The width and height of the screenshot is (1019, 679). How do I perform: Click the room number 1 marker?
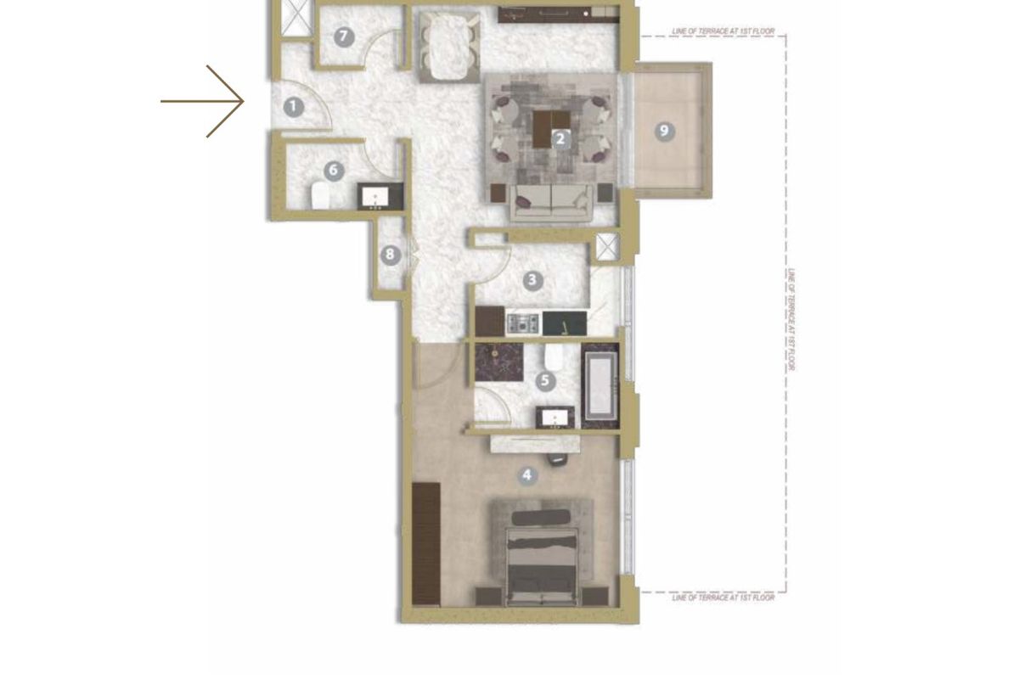[x=294, y=107]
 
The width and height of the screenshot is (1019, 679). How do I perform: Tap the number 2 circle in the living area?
[x=560, y=138]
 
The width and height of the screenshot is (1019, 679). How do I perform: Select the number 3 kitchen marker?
[x=532, y=281]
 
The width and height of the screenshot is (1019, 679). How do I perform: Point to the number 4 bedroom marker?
[x=526, y=475]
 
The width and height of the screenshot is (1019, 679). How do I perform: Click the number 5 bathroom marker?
[x=545, y=380]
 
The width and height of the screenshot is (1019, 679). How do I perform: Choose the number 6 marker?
[x=334, y=171]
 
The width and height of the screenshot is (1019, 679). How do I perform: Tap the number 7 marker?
[x=344, y=36]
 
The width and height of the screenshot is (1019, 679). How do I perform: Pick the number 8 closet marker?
[x=390, y=255]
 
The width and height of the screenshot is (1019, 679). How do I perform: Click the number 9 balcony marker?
[x=664, y=132]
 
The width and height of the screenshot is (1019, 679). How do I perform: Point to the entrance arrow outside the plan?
[x=202, y=101]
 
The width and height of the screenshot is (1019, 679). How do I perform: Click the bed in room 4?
[x=543, y=566]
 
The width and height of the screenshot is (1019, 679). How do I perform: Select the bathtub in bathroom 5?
[x=600, y=385]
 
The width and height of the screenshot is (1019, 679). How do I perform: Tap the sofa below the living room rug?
[x=551, y=202]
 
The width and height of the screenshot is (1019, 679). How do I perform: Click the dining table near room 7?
[x=449, y=47]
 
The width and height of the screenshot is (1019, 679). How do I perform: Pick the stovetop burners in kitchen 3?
[x=523, y=323]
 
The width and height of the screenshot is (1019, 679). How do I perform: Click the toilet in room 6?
[x=320, y=196]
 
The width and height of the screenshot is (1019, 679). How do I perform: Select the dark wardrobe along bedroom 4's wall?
[x=425, y=544]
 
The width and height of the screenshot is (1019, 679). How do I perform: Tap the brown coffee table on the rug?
[x=550, y=129]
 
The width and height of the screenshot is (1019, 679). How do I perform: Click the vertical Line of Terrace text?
[x=791, y=319]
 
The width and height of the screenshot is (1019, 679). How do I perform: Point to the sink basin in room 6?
[x=375, y=197]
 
